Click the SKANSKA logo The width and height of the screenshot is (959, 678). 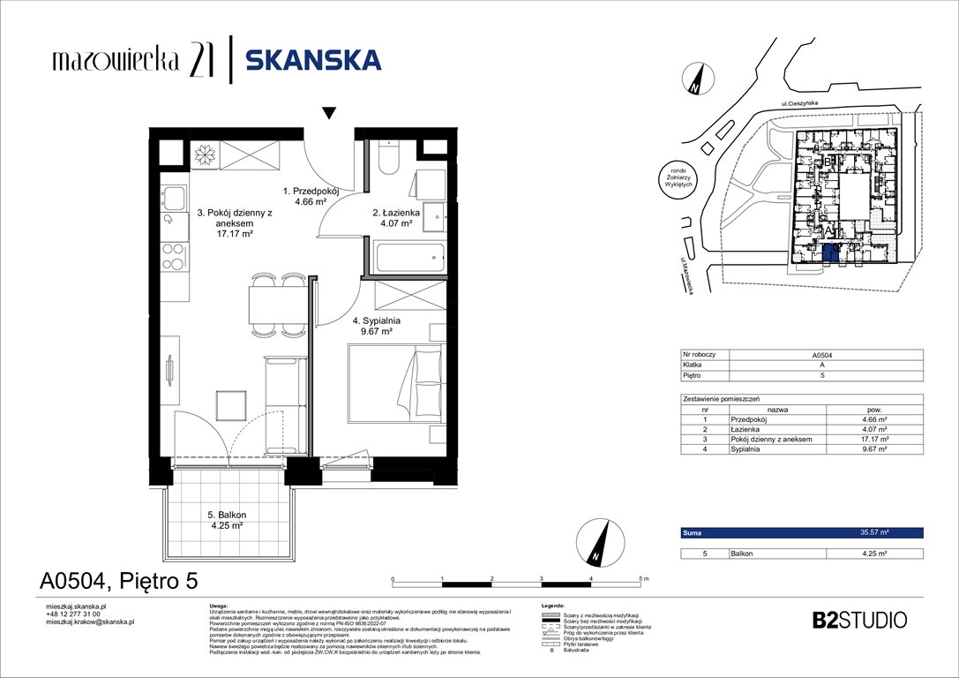[313, 60]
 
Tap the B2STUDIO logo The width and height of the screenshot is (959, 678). [858, 620]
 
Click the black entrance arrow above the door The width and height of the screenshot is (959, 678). [329, 113]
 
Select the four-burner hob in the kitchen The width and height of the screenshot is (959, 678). [175, 256]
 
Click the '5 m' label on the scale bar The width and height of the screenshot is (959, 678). [641, 578]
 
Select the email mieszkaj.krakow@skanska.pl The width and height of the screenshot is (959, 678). [89, 621]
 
